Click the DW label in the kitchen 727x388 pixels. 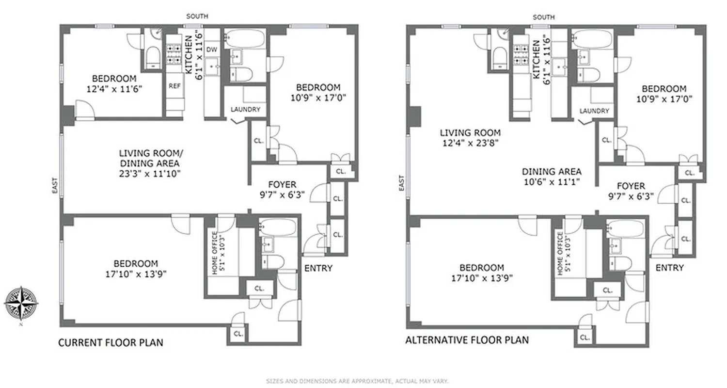pos(212,49)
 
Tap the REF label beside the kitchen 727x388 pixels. pos(174,86)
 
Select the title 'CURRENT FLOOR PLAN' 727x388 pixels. pos(111,343)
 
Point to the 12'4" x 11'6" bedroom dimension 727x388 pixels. pos(114,89)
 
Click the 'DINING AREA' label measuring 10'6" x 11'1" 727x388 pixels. pos(552,172)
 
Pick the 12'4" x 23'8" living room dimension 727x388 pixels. pos(470,143)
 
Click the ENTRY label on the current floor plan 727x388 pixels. pos(318,268)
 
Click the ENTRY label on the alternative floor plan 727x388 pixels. pos(669,268)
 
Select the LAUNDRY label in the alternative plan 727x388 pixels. pos(594,111)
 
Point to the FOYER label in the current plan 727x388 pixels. pos(282,185)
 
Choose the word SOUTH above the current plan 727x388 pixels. pos(197,16)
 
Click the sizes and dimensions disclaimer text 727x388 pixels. pos(357,381)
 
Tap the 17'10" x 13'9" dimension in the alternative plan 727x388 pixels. pos(482,278)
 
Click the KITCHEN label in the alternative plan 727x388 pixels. pos(536,59)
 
